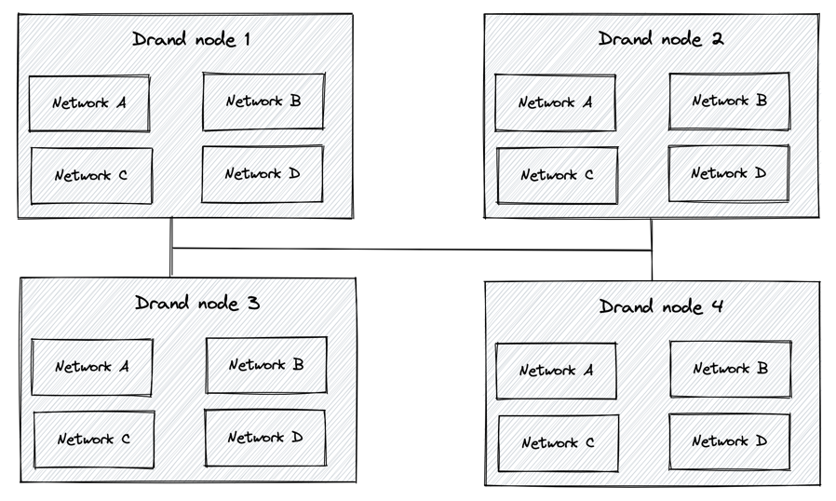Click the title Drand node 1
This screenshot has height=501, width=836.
pyautogui.click(x=192, y=40)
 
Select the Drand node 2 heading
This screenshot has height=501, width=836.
pyautogui.click(x=661, y=39)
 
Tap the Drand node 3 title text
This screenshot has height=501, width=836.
pyautogui.click(x=197, y=304)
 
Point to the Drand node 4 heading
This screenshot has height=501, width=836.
pyautogui.click(x=661, y=306)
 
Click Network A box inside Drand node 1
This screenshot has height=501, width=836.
pyautogui.click(x=90, y=103)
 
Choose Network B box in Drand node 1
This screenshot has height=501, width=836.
pyautogui.click(x=263, y=102)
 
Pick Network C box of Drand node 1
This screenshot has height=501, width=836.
pyautogui.click(x=91, y=175)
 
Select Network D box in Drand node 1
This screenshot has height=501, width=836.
pyautogui.click(x=263, y=174)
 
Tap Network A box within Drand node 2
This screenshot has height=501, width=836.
pyautogui.click(x=555, y=102)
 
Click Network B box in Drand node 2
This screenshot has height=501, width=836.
pyautogui.click(x=729, y=101)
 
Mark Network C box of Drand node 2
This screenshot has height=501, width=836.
pyautogui.click(x=557, y=175)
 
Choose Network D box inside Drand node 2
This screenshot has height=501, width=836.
pyautogui.click(x=728, y=173)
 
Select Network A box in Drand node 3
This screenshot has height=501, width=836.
pyautogui.click(x=92, y=367)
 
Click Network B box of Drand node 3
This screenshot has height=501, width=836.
pyautogui.click(x=266, y=365)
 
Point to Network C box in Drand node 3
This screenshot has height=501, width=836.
pyautogui.click(x=93, y=440)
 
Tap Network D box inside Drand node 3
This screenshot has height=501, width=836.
pyautogui.click(x=265, y=438)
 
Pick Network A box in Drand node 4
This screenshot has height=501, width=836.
pyautogui.click(x=556, y=371)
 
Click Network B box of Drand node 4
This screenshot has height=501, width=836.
pyautogui.click(x=730, y=369)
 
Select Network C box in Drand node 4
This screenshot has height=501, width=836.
pyautogui.click(x=558, y=443)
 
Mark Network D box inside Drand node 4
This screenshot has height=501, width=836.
pyautogui.click(x=729, y=441)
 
